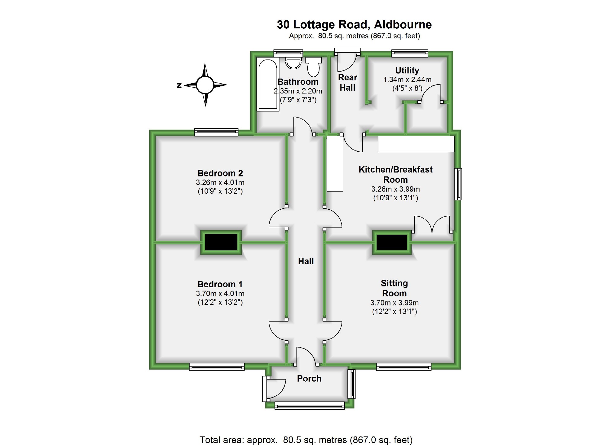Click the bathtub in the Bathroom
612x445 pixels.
[x=267, y=84]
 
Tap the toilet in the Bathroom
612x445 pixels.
[x=314, y=67]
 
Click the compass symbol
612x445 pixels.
[x=205, y=85]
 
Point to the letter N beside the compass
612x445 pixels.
[x=179, y=85]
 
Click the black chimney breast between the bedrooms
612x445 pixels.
[x=221, y=242]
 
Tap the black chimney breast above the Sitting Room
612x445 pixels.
[x=392, y=242]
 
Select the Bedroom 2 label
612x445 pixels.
[x=220, y=173]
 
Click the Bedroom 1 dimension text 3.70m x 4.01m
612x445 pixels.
[x=220, y=293]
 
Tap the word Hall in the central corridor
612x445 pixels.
[x=306, y=261]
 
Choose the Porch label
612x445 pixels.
[x=309, y=379]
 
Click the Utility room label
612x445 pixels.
[x=407, y=70]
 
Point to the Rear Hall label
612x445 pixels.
[x=348, y=82]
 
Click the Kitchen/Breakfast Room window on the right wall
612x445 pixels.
[x=458, y=184]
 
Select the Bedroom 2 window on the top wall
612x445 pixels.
[x=216, y=132]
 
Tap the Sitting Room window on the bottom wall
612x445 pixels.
[x=404, y=367]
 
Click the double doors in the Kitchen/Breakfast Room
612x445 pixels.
[x=432, y=225]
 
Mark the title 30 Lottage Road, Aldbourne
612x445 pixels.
[x=354, y=24]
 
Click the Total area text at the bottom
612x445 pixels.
[x=306, y=440]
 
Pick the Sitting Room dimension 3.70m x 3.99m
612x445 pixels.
[x=394, y=303]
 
